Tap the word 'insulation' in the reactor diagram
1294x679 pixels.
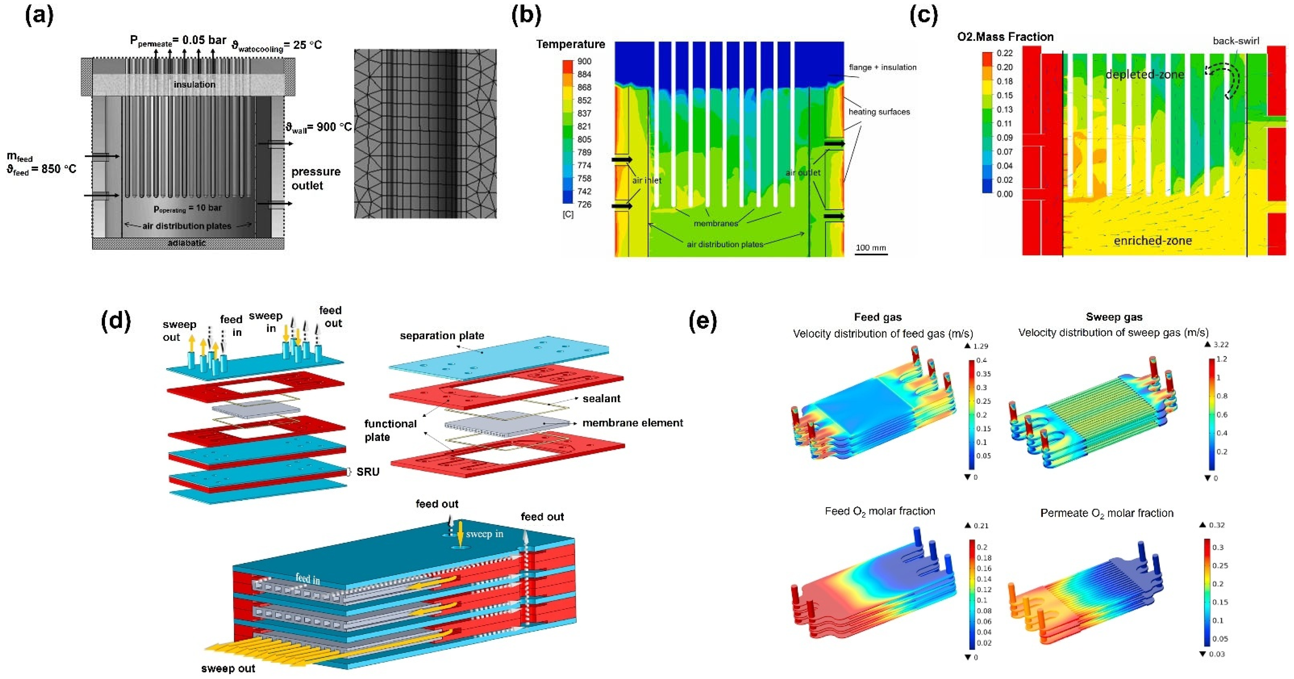195,84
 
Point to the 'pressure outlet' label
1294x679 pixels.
316,178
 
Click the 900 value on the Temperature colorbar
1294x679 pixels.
584,61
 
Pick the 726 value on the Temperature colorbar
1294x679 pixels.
584,204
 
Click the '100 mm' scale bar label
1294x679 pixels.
871,248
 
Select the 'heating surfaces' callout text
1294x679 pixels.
879,112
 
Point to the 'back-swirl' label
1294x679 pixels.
1236,41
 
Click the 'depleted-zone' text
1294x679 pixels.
1145,75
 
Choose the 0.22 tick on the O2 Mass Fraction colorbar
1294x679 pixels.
1005,53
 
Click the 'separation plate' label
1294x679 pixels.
442,336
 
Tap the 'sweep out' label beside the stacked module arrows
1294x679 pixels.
228,668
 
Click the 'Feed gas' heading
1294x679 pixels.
878,317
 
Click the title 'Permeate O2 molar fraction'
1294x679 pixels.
1107,513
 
